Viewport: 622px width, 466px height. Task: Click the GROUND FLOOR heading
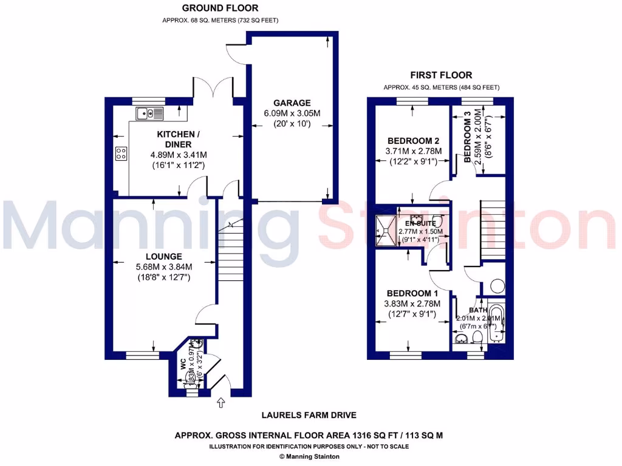[x=220, y=8]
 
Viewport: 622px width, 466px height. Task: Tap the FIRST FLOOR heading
[x=441, y=75]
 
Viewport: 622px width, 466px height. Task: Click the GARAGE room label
[x=292, y=103]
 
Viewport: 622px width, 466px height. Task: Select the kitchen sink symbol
[x=149, y=113]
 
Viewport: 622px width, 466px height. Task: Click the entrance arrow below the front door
[x=220, y=402]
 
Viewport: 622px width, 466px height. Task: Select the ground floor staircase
[x=229, y=261]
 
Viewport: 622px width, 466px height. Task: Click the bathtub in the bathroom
[x=496, y=325]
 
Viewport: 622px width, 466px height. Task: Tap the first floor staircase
[x=493, y=227]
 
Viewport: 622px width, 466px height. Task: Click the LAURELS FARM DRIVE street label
[x=309, y=416]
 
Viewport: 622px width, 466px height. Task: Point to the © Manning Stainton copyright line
[x=309, y=456]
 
